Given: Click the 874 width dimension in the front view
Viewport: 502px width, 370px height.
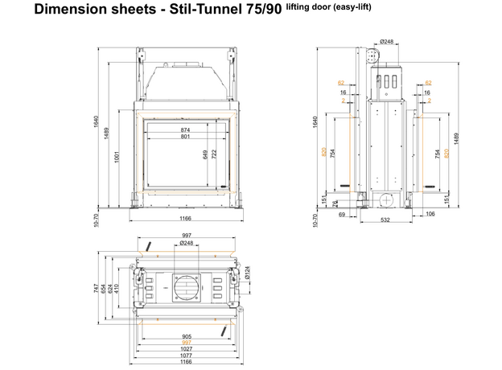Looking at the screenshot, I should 185,130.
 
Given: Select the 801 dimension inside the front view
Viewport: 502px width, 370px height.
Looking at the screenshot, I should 185,137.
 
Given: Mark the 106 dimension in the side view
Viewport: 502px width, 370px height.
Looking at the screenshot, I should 431,213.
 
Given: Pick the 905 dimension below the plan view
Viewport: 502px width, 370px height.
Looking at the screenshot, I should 186,336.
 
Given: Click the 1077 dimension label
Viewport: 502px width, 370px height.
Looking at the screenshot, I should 186,355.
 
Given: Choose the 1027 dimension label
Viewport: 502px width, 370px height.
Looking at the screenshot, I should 186,348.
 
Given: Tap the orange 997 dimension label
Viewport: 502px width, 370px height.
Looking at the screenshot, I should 186,343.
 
